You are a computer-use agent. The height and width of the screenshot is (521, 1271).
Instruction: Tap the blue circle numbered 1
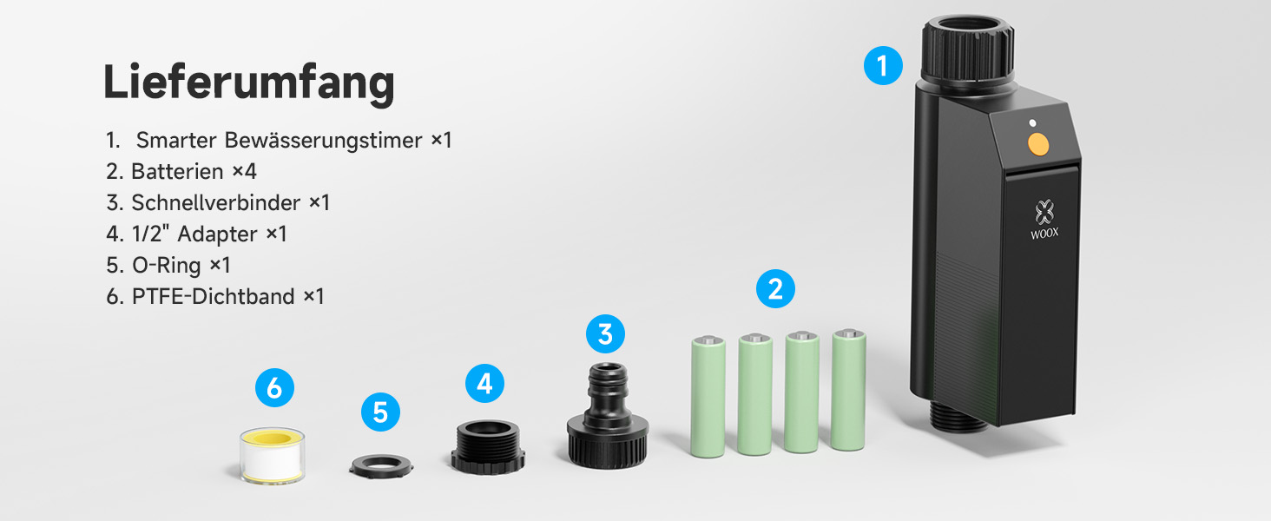tap(883, 66)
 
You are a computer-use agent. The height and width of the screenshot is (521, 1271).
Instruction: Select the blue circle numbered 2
tap(775, 289)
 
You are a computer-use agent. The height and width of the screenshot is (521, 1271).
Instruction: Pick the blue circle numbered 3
tap(605, 333)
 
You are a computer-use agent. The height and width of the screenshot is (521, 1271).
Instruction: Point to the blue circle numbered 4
tap(484, 384)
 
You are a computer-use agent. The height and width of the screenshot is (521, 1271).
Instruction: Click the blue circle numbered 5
tap(380, 412)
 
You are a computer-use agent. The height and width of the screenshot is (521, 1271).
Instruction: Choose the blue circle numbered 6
tap(274, 388)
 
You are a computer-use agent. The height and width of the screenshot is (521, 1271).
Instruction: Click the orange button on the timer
tap(1037, 144)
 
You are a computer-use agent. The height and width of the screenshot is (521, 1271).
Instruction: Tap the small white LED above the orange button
tap(1032, 123)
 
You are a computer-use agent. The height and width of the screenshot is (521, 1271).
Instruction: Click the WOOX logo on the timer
tap(1044, 219)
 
